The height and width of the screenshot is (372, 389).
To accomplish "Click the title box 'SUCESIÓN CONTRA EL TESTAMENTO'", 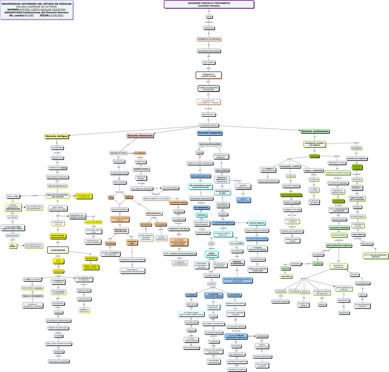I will (x=209, y=4).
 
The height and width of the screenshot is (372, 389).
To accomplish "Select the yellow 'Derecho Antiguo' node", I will (x=56, y=137).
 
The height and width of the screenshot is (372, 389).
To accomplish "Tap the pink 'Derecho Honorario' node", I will (x=140, y=136).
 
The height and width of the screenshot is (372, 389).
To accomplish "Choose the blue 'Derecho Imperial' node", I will (x=210, y=133).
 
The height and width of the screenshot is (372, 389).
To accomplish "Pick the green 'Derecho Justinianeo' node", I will (x=315, y=132).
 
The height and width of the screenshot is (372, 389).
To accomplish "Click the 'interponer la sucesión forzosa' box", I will (x=208, y=75).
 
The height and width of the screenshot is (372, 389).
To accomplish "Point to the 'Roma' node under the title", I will (x=209, y=17).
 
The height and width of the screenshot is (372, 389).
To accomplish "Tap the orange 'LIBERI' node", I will (x=128, y=197).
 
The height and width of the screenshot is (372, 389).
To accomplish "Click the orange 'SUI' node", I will (x=111, y=197).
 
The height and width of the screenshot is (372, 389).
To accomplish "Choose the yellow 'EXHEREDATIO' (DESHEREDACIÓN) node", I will (x=87, y=196).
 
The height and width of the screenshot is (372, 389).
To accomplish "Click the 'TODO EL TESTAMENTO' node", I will (x=33, y=296).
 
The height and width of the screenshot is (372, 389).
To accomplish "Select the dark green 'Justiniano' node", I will (x=314, y=156).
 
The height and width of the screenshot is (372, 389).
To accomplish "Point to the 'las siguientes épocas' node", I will (x=209, y=125).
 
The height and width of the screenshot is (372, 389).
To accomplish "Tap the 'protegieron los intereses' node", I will (x=209, y=39).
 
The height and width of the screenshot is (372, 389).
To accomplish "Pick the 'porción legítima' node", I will (x=256, y=223).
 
